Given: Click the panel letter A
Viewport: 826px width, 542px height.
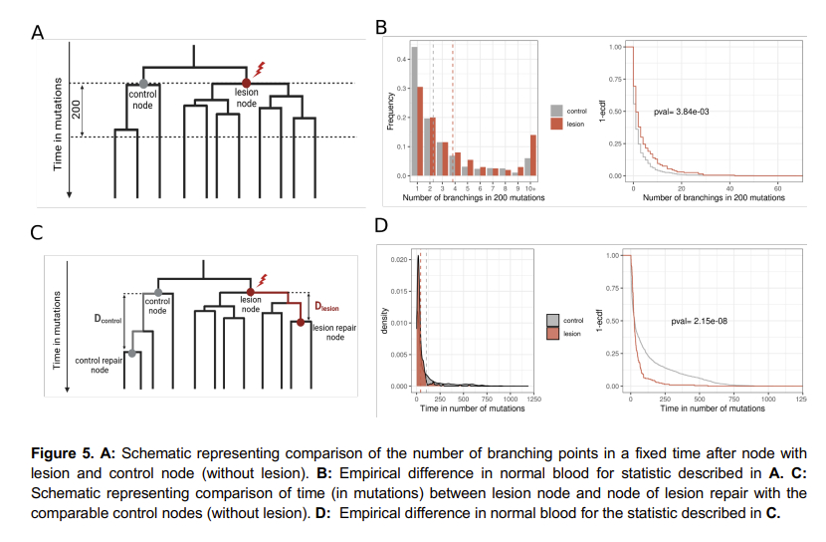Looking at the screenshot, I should [x=38, y=32].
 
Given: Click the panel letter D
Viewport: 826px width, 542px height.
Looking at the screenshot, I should [x=382, y=226].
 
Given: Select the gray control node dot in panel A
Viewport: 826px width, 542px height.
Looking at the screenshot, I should [x=145, y=83].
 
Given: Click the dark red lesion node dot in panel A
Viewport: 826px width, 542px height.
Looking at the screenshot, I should [x=246, y=83].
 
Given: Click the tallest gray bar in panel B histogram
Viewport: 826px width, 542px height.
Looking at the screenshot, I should [x=415, y=111].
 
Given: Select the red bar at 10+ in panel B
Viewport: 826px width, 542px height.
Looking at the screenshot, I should [x=532, y=154].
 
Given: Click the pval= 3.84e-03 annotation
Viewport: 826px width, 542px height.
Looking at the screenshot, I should [x=683, y=111].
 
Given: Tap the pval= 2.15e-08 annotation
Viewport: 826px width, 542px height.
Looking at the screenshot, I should [x=696, y=322].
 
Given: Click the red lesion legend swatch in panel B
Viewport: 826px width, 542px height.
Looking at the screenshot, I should [x=557, y=124].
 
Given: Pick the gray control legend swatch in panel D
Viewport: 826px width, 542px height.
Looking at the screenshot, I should [x=553, y=320].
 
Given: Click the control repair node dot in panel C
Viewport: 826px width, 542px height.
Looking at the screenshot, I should [x=131, y=353].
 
